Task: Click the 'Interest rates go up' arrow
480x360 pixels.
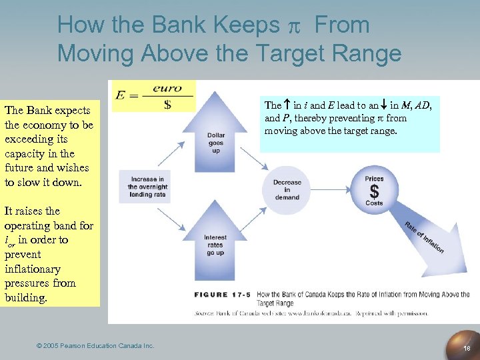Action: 215,240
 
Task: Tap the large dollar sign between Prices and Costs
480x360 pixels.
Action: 374,191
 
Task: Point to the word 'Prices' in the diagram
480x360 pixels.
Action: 374,179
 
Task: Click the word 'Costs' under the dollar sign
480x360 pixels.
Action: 374,203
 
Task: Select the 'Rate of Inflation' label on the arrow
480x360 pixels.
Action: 424,237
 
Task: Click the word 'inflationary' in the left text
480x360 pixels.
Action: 32,269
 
